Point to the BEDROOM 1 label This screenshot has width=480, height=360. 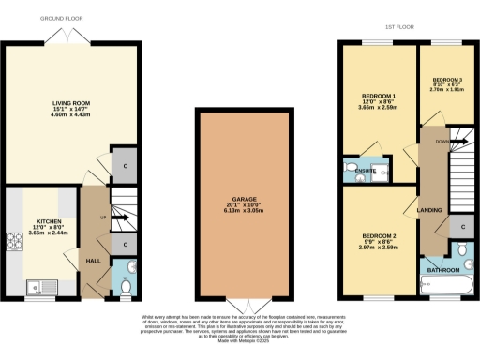380,96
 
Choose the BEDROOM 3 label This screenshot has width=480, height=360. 447,80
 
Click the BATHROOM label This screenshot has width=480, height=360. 443,270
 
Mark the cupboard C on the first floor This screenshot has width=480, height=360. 459,228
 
